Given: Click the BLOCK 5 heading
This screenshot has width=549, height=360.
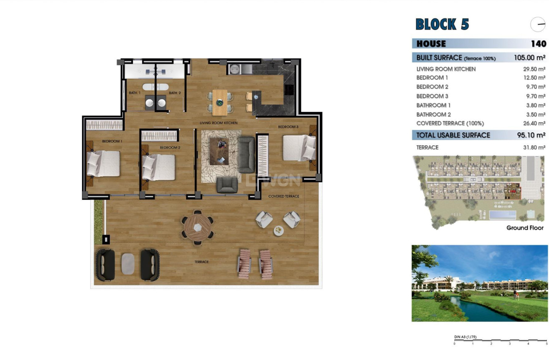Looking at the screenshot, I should coord(442,25).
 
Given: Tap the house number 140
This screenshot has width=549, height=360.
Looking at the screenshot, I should coord(538,44).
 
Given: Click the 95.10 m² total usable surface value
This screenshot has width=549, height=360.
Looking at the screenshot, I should coord(529,135).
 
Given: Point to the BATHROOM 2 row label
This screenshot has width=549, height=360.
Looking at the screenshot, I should coord(433,114).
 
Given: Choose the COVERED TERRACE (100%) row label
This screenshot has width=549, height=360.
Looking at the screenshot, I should coord(450,123).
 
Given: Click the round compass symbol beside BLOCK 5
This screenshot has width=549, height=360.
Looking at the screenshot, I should coord(538,25).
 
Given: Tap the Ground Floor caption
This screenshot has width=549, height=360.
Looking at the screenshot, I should coord(525,228).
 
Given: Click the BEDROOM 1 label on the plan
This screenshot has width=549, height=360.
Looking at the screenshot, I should coord(112,141).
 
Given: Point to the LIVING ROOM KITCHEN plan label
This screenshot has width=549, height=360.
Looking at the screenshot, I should coord(218,123).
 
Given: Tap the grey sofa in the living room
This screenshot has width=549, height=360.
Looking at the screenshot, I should coord(246,154).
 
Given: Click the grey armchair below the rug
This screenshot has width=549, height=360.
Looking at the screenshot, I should coord(227,185).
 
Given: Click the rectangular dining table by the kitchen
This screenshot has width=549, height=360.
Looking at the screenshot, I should coord(220,102).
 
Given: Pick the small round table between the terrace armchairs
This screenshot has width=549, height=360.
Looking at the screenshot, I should coord(278,230).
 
